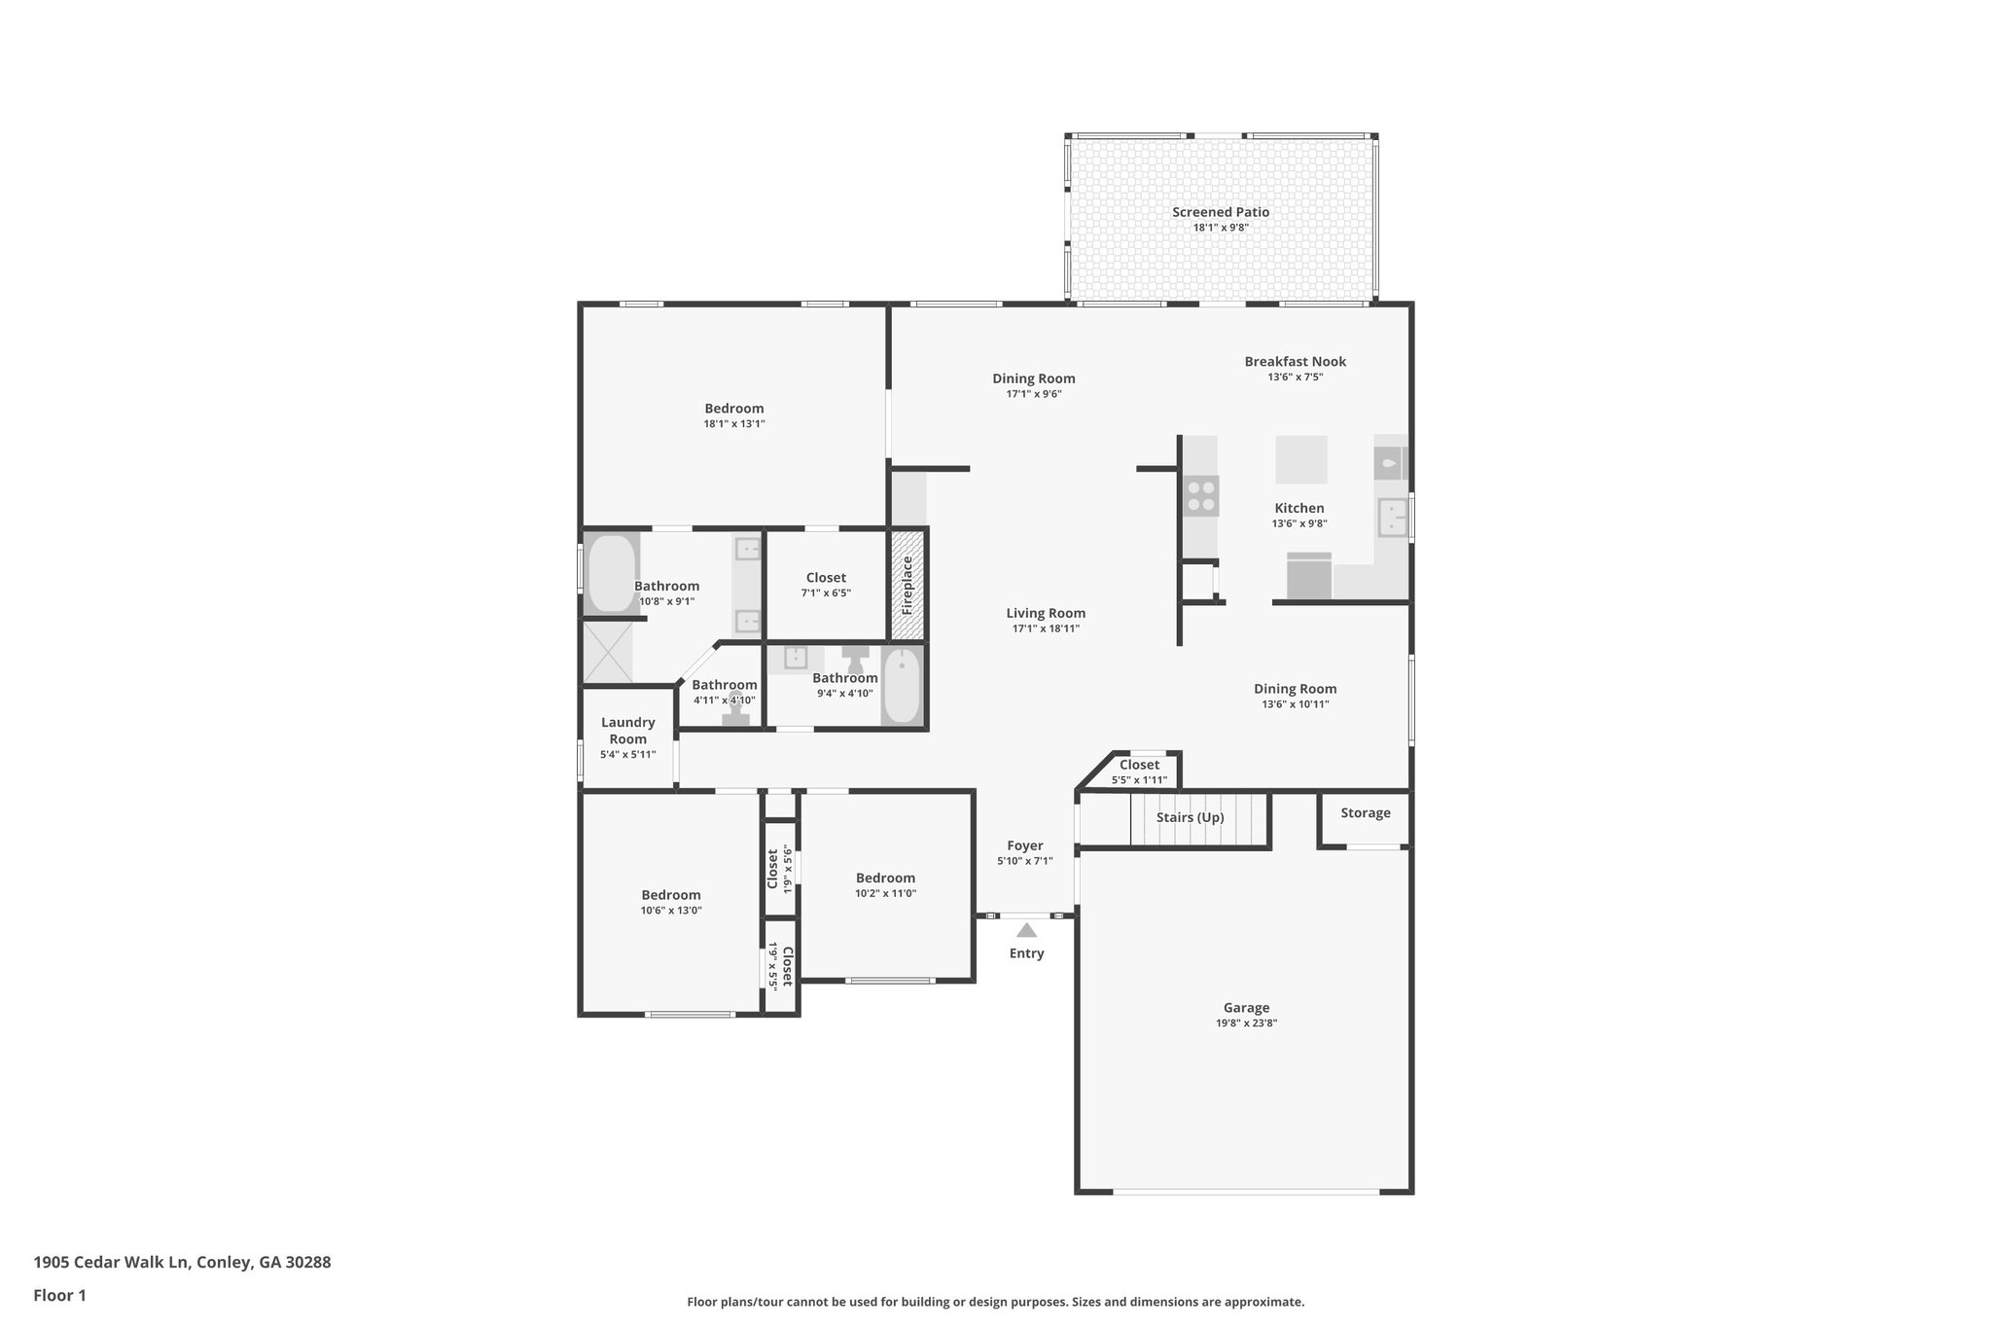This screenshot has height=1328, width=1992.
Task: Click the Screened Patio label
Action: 1220,212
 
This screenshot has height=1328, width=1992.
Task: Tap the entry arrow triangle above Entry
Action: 1026,930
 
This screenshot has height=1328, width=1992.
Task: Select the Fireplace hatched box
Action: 907,584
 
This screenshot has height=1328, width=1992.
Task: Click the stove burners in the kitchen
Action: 1200,495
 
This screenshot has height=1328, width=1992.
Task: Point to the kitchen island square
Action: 1300,459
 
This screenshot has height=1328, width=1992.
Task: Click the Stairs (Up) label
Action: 1190,817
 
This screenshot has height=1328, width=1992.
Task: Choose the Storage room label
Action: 1365,813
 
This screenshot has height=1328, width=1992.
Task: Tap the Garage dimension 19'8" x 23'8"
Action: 1246,1023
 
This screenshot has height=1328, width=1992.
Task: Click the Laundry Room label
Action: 627,730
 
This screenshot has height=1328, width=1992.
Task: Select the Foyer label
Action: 1024,846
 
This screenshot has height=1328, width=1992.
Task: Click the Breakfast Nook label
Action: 1295,362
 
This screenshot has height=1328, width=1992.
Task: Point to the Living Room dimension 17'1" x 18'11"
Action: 1046,628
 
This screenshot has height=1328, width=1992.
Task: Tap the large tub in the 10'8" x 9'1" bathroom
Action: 611,573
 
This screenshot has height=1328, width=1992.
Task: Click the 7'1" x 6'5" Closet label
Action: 826,578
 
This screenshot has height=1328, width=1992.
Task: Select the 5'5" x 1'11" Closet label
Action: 1138,765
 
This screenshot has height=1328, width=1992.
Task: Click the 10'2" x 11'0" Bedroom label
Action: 885,879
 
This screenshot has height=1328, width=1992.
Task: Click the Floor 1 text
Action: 59,1295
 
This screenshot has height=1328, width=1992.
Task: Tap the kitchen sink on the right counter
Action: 1392,518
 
